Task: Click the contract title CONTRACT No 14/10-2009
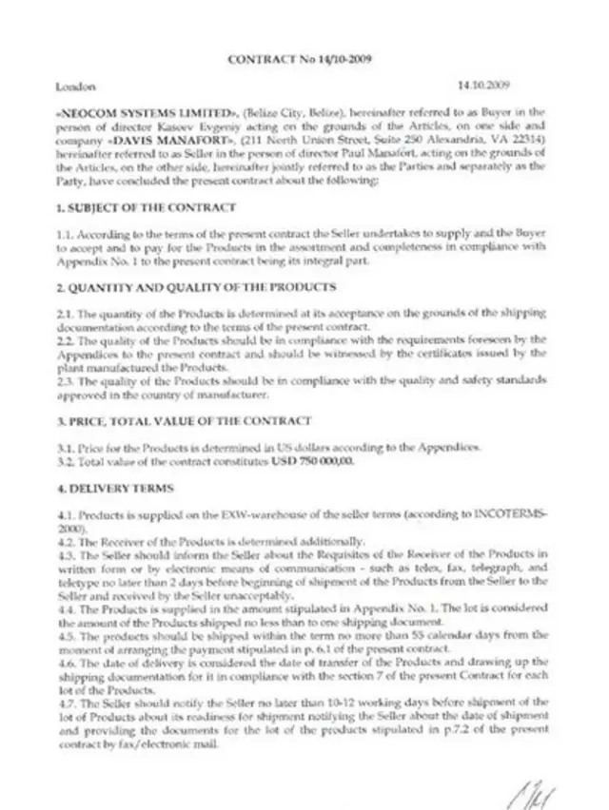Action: pos(299,59)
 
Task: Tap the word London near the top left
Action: pos(74,87)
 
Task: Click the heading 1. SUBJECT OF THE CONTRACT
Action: pos(146,206)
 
